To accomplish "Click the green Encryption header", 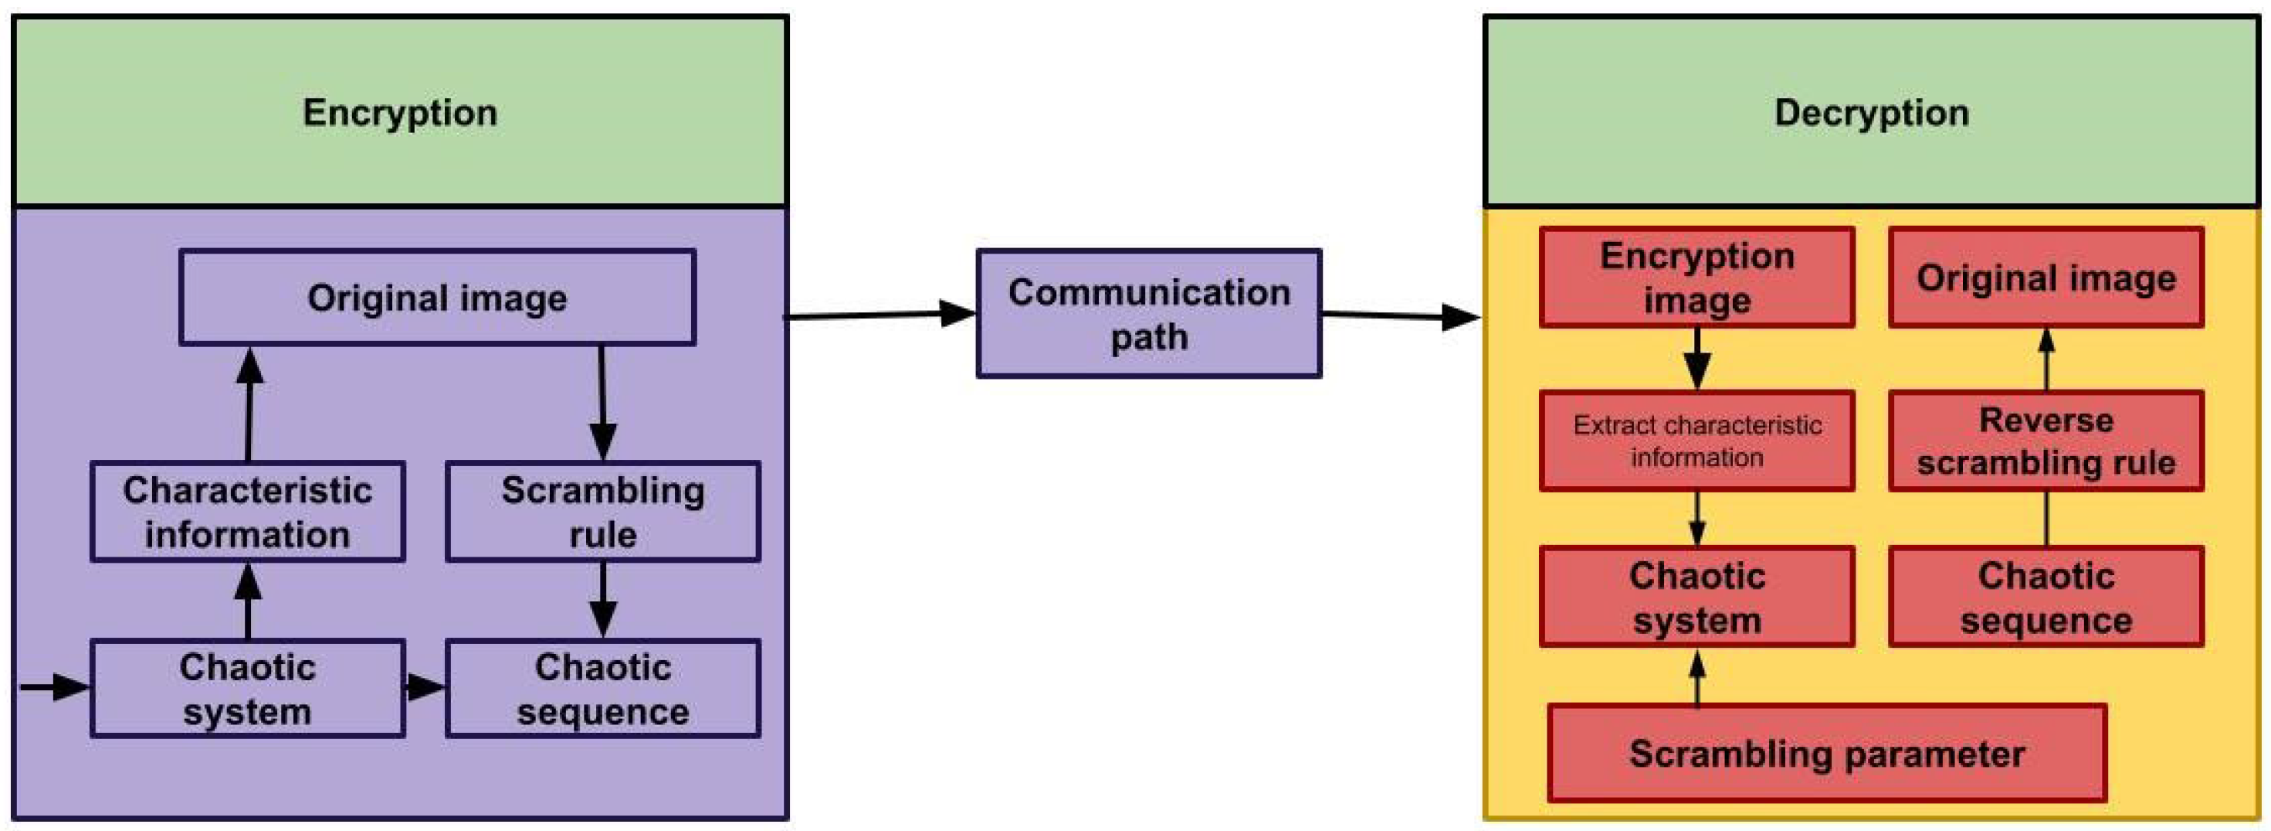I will [x=399, y=112].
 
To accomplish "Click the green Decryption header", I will [x=1871, y=112].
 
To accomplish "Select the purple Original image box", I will [x=437, y=298].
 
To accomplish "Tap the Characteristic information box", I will [x=248, y=512].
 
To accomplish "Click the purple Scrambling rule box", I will [x=603, y=512].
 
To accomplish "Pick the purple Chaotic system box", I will [x=248, y=689].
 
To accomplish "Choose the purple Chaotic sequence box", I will [x=603, y=689].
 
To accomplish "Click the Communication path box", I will [x=1149, y=314].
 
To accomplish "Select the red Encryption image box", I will [x=1697, y=278].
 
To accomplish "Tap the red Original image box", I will [x=2046, y=278].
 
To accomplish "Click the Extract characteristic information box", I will [x=1697, y=441].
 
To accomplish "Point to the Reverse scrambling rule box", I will [x=2046, y=441].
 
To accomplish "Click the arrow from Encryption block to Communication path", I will [x=882, y=315].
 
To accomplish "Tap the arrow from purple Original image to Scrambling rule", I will [x=602, y=401].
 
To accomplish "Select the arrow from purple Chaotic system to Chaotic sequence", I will [x=425, y=687].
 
